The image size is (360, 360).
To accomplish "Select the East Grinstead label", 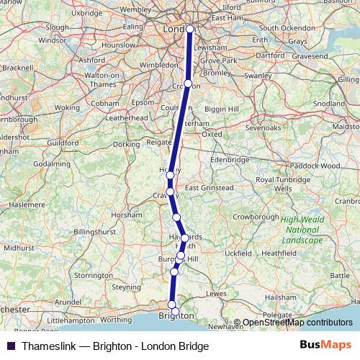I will click(209, 188).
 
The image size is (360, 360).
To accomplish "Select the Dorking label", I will click(127, 144).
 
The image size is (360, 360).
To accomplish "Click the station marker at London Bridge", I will click(190, 30).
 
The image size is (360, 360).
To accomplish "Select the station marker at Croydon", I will click(188, 84).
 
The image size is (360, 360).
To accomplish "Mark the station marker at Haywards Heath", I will click(184, 238).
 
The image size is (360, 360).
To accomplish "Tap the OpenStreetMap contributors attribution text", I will click(295, 323).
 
